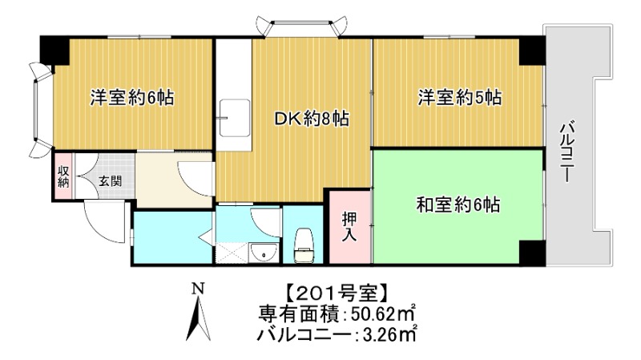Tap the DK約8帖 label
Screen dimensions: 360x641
[x=312, y=119]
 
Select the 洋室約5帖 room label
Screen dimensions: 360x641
[x=459, y=99]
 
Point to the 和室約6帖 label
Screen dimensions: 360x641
[x=458, y=204]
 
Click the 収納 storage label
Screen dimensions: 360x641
[x=63, y=176]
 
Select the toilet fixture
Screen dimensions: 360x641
[x=304, y=245]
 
